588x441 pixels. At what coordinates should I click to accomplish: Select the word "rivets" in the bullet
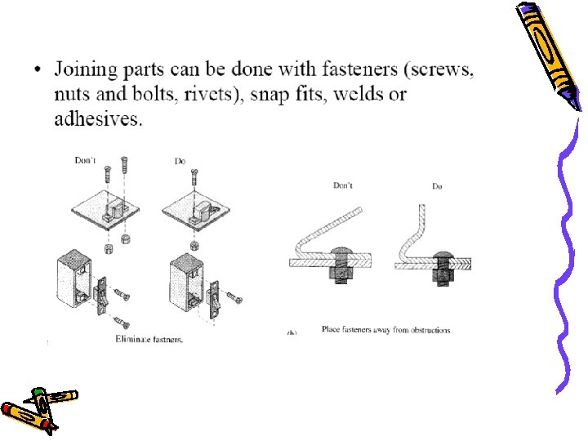coord(213,95)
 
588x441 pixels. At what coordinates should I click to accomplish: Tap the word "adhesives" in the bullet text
coord(98,119)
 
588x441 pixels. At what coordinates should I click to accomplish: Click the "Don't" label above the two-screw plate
coord(86,161)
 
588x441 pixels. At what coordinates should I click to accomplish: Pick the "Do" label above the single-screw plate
coord(180,162)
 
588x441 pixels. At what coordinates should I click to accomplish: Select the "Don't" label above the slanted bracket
coord(343,185)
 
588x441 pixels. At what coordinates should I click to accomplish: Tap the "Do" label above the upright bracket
coord(437,186)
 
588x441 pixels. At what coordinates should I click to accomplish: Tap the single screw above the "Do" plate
coord(197,177)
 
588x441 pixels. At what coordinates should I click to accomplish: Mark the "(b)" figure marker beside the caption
coord(292,333)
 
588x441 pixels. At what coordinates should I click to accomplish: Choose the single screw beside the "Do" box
coord(234,298)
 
